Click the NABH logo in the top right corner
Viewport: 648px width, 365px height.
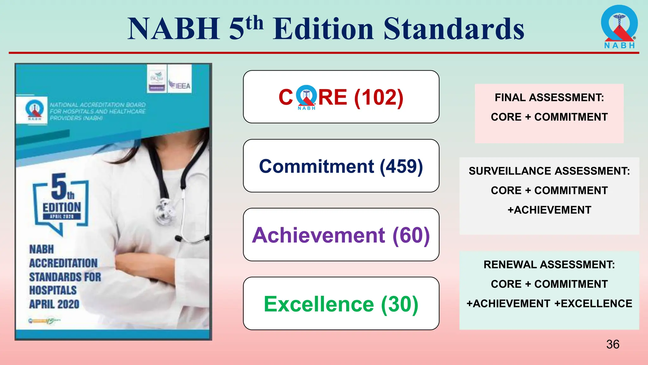tap(619, 27)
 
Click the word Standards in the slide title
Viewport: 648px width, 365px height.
tap(454, 29)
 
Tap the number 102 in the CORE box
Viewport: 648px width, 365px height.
tap(379, 97)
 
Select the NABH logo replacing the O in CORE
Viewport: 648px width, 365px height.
tap(306, 97)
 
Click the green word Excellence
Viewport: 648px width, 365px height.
tap(319, 304)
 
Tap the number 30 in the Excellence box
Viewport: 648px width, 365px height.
tap(399, 304)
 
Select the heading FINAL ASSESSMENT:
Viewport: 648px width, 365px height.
tap(549, 98)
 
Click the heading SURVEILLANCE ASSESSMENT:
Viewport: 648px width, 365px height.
tap(549, 171)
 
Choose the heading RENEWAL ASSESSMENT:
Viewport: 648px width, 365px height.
tap(549, 265)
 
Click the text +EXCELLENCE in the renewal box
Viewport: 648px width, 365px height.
tap(593, 304)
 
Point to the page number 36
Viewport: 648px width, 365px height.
tap(613, 344)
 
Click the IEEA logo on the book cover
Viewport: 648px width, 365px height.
tap(179, 85)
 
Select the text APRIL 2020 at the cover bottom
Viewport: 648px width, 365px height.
tap(54, 304)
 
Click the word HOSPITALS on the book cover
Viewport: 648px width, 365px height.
tap(53, 290)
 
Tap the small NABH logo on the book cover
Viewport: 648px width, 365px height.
tap(34, 110)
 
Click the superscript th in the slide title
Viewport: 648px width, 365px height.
tap(254, 23)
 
